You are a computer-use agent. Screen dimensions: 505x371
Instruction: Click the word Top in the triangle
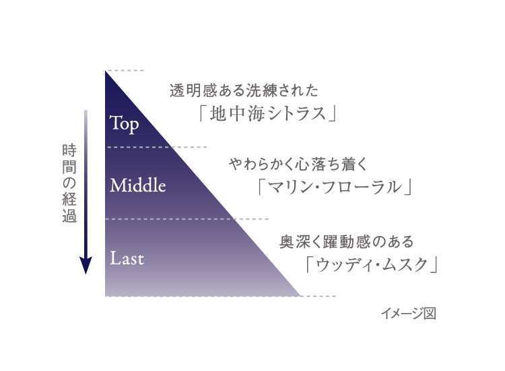(125, 123)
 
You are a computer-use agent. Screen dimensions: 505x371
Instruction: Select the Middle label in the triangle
(137, 185)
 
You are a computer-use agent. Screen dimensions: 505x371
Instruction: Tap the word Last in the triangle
(127, 258)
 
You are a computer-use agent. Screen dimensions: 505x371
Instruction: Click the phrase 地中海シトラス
(267, 113)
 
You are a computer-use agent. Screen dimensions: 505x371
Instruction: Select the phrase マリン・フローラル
(335, 185)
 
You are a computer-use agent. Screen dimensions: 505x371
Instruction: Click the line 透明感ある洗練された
(244, 90)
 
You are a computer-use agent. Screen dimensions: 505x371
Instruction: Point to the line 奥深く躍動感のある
(346, 241)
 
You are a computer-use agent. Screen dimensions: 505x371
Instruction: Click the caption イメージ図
(408, 314)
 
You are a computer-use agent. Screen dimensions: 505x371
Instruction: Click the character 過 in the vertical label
(68, 217)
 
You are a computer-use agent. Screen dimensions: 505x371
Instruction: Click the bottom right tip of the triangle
(300, 295)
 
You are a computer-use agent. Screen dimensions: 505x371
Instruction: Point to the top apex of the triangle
(106, 72)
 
